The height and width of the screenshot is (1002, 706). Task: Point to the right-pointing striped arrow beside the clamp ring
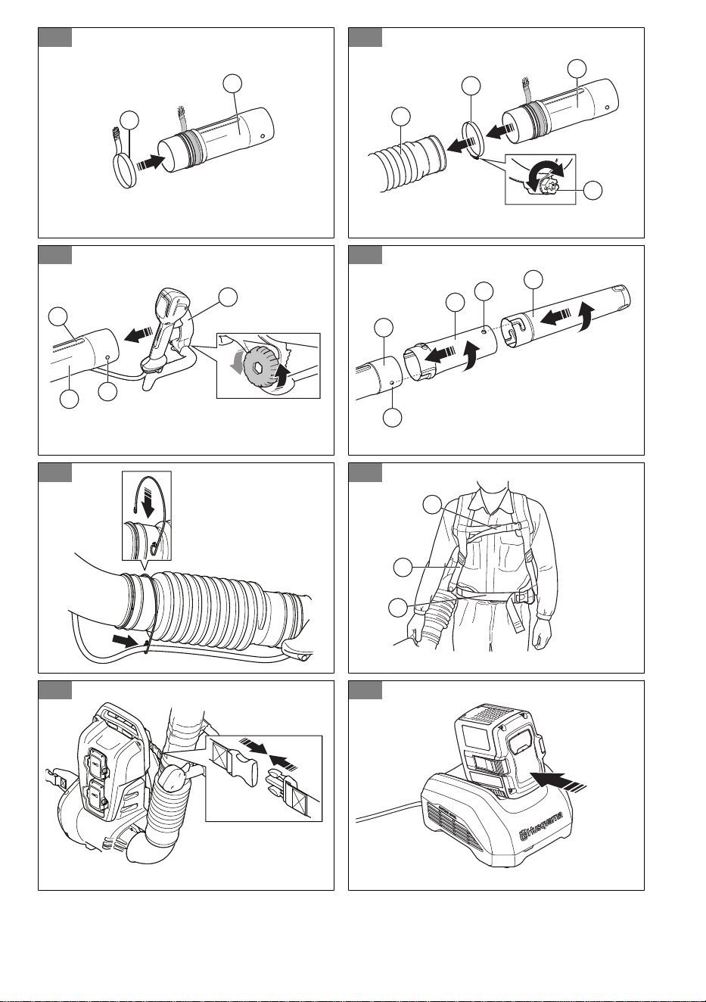tap(150, 162)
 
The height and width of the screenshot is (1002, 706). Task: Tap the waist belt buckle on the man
tap(521, 598)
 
